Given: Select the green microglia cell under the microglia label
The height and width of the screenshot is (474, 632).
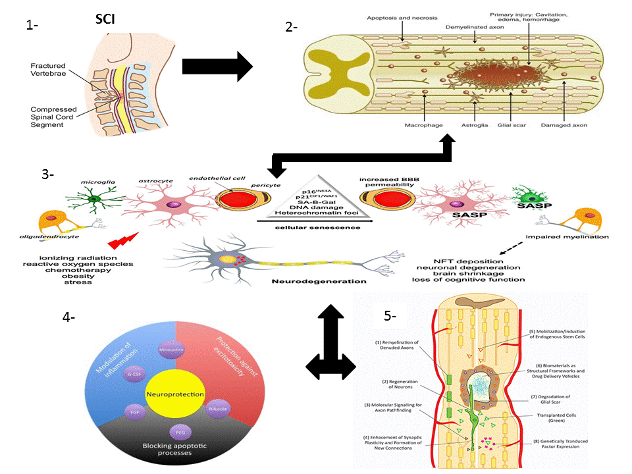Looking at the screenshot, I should click(x=97, y=202).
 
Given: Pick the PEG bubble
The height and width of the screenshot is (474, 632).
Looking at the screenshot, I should click(x=179, y=433).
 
